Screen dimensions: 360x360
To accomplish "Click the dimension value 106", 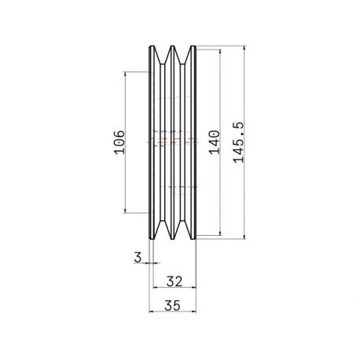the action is click(x=119, y=142).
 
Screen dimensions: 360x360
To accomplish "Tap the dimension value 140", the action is click(x=214, y=142).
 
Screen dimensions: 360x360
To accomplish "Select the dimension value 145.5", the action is click(x=238, y=142).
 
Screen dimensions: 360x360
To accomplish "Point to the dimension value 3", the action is click(x=138, y=257).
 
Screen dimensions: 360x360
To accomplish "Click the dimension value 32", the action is click(x=174, y=281).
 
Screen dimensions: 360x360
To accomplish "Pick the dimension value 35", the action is click(x=173, y=306).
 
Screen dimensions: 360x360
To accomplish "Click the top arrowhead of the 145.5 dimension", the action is click(x=244, y=49).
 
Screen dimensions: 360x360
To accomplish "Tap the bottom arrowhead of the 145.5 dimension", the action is click(x=244, y=237).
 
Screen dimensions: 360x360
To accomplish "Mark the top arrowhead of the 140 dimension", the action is click(x=220, y=52).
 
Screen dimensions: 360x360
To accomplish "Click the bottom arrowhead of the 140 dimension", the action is click(x=220, y=233).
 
